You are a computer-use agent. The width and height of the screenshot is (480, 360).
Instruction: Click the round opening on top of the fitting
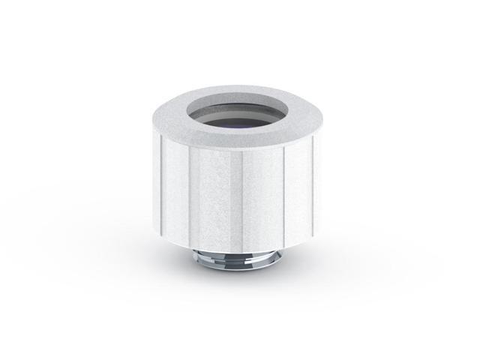(240, 113)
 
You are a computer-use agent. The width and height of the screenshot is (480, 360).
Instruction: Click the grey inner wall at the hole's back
(240, 105)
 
